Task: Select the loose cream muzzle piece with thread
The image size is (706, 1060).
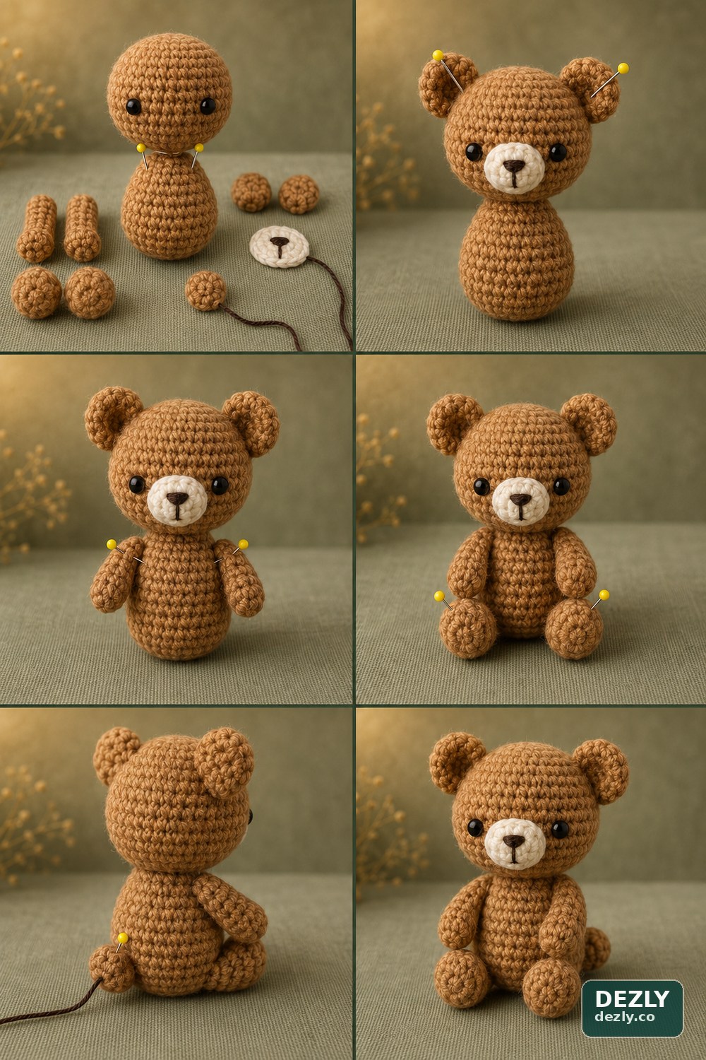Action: pos(279,246)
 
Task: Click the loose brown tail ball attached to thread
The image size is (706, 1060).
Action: pos(205,290)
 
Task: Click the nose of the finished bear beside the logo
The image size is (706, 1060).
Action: pos(514,840)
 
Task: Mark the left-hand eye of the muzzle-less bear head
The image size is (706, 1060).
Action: pos(133,107)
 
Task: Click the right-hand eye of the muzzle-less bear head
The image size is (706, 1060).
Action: pos(208,105)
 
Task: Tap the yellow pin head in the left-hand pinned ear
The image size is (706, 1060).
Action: pos(438,55)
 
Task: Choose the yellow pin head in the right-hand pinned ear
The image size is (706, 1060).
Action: pos(623,68)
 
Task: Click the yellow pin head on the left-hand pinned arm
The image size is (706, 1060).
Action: pos(112,544)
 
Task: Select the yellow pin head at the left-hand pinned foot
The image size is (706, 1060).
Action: pos(439,596)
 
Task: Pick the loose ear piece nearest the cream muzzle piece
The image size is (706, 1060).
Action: pos(299,194)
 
